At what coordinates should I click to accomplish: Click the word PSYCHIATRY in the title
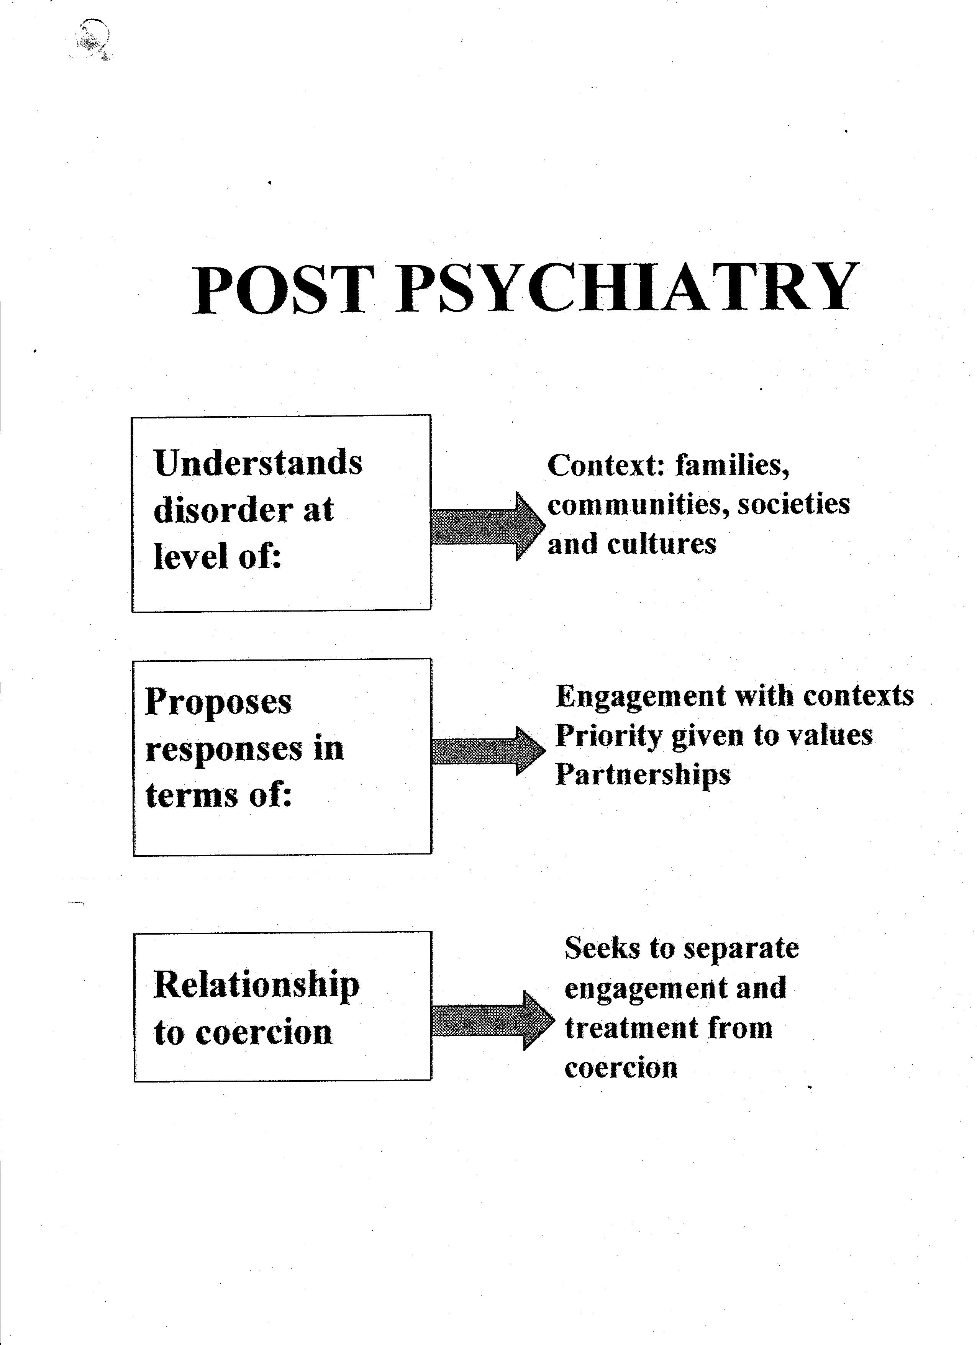click(x=627, y=288)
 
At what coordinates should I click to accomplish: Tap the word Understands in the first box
click(x=258, y=462)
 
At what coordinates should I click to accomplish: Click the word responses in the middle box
click(x=224, y=748)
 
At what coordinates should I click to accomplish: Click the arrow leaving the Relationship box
click(x=493, y=1020)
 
